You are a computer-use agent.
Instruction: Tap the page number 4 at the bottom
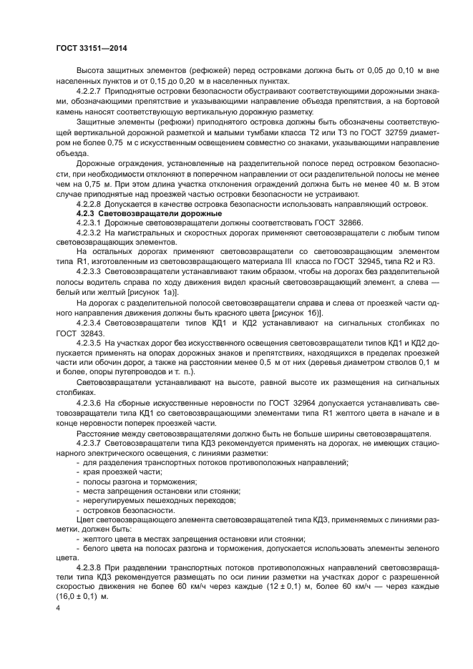58,608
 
